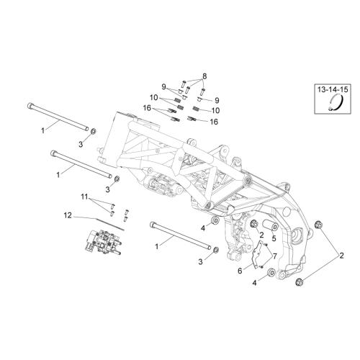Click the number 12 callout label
68,215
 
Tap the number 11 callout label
85,197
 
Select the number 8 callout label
204,76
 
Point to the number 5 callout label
274,238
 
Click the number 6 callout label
240,271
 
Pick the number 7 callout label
274,256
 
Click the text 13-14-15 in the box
333,90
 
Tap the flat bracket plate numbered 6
258,254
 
